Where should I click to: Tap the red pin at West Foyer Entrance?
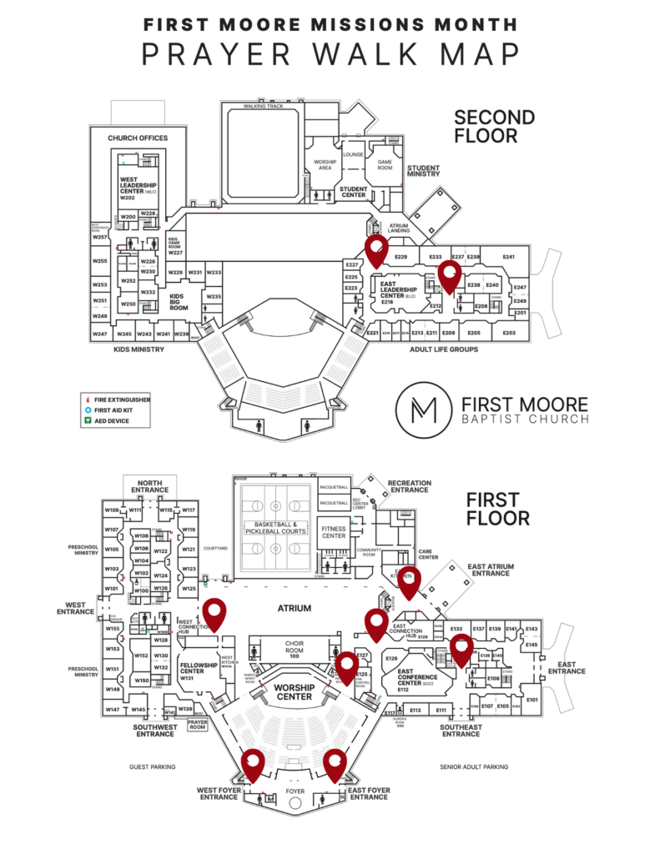pos(253,763)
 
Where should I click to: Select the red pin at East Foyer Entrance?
pos(335,763)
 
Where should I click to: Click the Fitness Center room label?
pos(334,530)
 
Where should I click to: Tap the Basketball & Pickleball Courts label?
pos(275,526)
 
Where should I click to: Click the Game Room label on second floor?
pos(385,165)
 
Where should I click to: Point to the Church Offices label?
pos(138,138)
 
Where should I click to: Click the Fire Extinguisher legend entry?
pos(122,399)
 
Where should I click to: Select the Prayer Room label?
pos(197,725)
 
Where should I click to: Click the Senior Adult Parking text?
pos(473,766)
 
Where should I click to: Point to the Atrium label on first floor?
pos(295,608)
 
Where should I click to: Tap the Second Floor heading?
pos(494,126)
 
